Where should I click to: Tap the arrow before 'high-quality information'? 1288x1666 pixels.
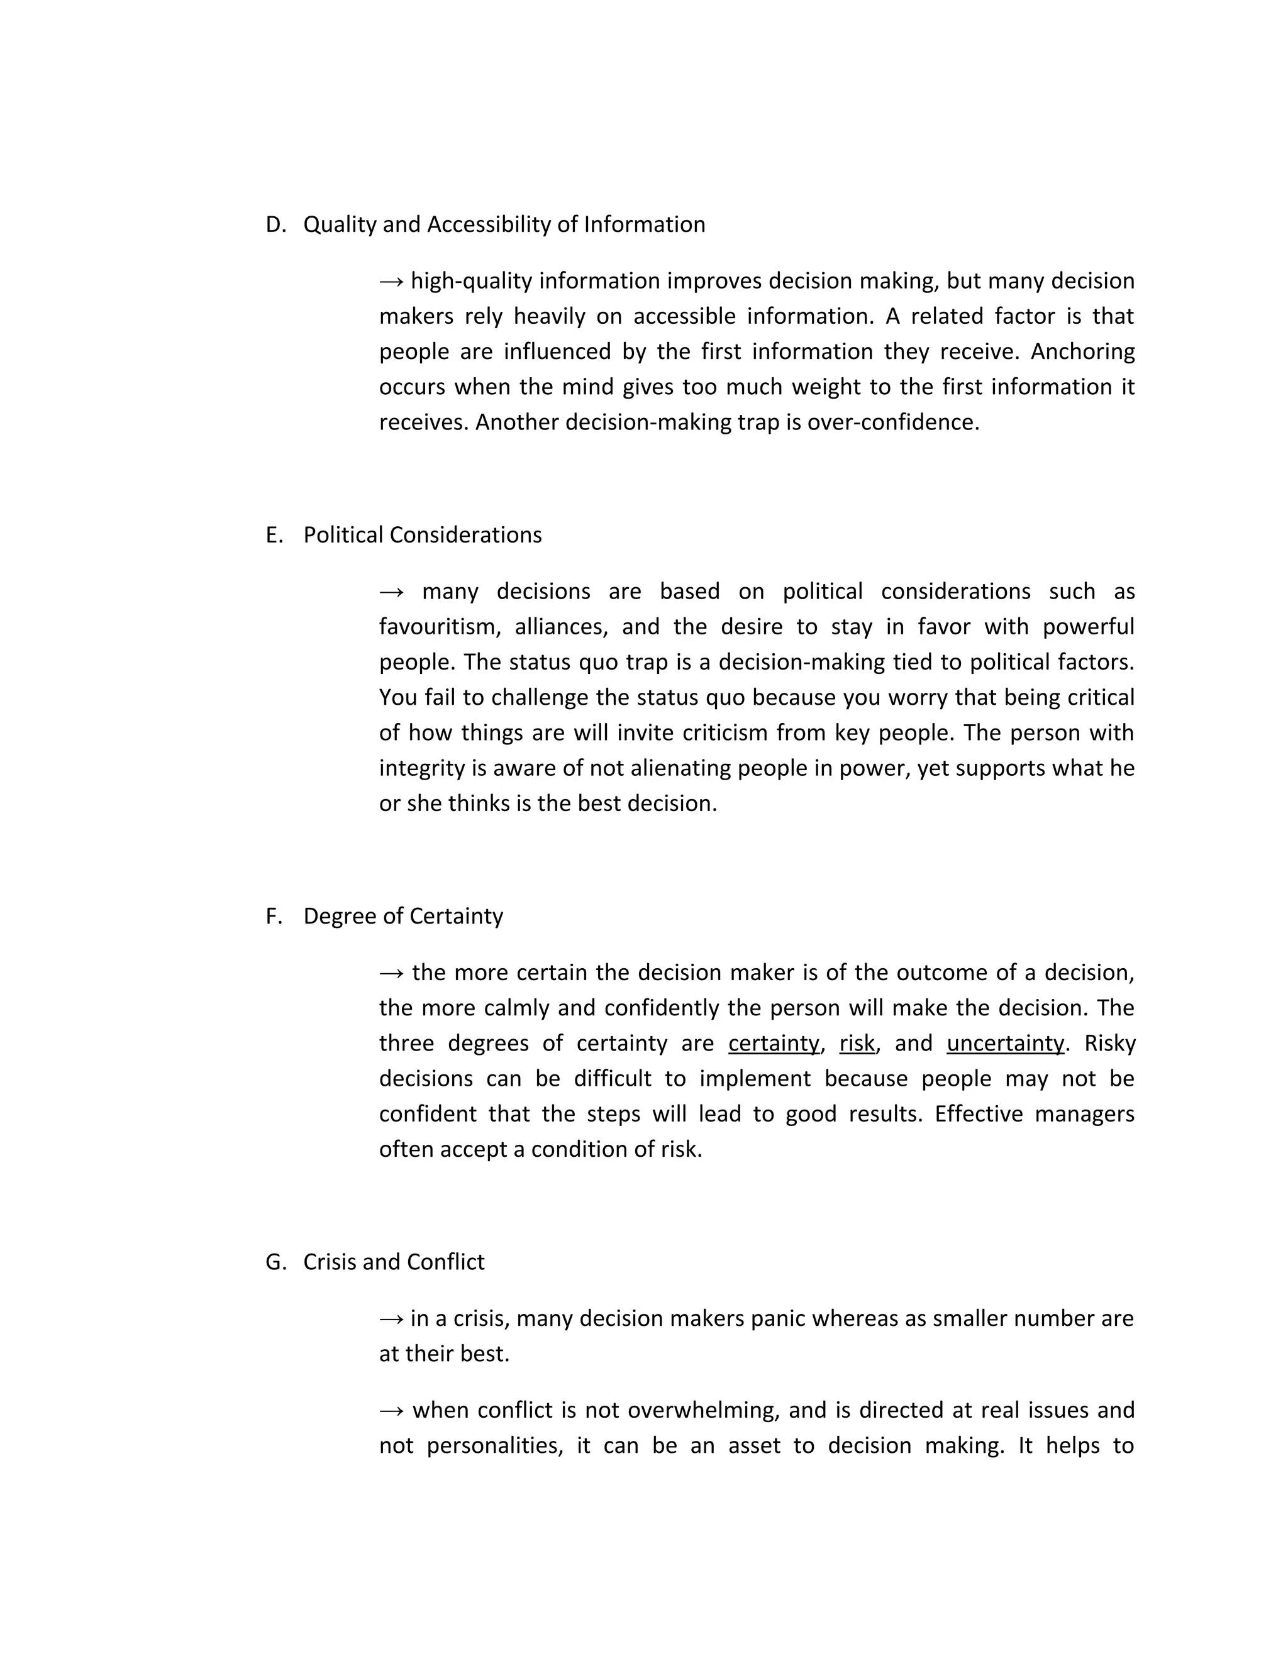pos(391,282)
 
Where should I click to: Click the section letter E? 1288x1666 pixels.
pos(272,536)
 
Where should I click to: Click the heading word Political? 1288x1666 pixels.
pos(343,536)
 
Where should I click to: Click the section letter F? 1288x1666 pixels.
pos(272,916)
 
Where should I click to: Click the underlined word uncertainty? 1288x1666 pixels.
pos(1005,1044)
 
